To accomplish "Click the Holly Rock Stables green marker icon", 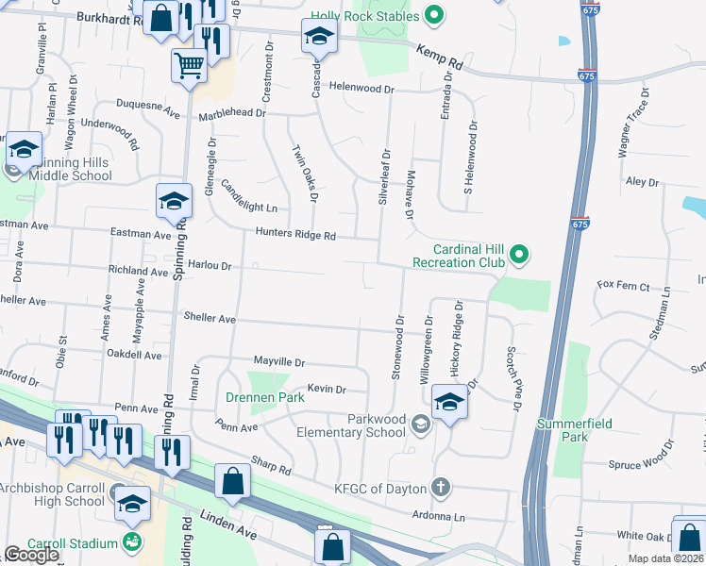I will click(x=433, y=14).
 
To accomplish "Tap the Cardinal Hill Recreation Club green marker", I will click(x=518, y=254).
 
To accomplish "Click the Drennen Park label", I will click(x=264, y=398).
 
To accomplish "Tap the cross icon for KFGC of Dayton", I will click(x=440, y=488).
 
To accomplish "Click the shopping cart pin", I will click(x=189, y=66).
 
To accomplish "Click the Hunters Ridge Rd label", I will click(x=295, y=235).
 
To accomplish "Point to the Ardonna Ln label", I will click(x=439, y=516).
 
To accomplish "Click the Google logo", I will click(x=30, y=555).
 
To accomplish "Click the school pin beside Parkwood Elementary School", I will click(x=450, y=402).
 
